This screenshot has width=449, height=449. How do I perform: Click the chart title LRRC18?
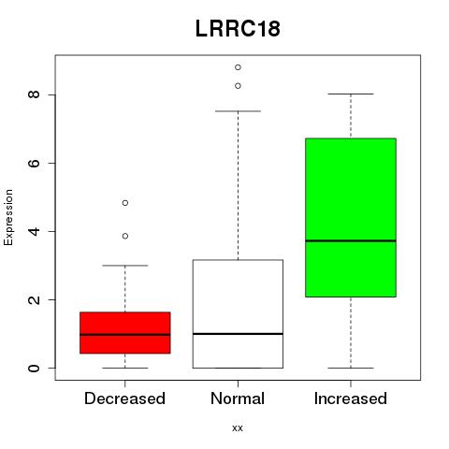point(238,29)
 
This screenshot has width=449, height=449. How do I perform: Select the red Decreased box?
point(125,333)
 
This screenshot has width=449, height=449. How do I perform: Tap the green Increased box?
point(351,217)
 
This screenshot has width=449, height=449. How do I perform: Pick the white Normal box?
point(238,313)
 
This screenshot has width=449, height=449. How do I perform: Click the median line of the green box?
point(351,240)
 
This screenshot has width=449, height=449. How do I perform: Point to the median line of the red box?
point(125,335)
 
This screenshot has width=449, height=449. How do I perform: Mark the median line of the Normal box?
point(238,334)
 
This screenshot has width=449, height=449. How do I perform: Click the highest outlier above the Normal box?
point(238,67)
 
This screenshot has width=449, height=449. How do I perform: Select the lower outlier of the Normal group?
point(238,86)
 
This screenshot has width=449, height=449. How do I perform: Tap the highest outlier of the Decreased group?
point(125,203)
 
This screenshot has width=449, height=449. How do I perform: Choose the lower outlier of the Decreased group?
point(125,236)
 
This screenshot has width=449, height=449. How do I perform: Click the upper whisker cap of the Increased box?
point(351,94)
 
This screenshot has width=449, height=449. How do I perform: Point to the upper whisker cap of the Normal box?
point(238,111)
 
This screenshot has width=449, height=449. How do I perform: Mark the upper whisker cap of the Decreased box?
point(125,266)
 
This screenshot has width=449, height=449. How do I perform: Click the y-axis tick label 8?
point(34,94)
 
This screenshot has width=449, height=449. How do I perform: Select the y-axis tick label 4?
point(34,231)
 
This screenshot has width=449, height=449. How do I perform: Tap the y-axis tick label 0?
point(34,369)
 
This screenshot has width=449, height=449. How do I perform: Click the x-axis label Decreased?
point(124,398)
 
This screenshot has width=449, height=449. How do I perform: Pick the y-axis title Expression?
point(8,217)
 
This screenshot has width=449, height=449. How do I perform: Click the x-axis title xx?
point(238,427)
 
